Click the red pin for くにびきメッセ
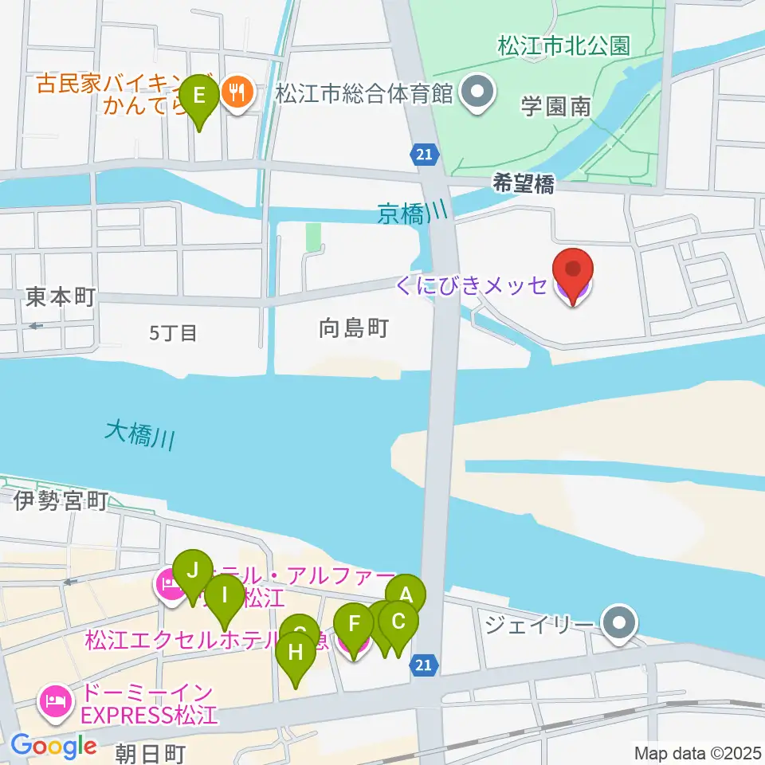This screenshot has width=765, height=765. coord(574,274)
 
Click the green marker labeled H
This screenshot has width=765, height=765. coord(296,655)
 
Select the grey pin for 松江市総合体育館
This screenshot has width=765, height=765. coord(477,95)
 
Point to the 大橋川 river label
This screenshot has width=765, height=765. coord(140,435)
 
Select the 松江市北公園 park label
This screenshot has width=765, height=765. coord(563,45)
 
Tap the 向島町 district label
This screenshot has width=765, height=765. coord(353,327)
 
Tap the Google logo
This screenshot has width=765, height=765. coord(54,746)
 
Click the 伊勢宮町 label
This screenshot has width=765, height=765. coord(61,500)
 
